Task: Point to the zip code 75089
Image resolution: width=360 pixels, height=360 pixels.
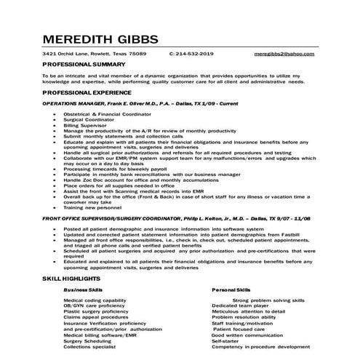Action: (x=137, y=54)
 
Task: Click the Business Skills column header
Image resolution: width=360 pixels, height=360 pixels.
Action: (x=84, y=289)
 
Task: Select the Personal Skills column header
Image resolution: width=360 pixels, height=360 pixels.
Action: (x=231, y=289)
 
